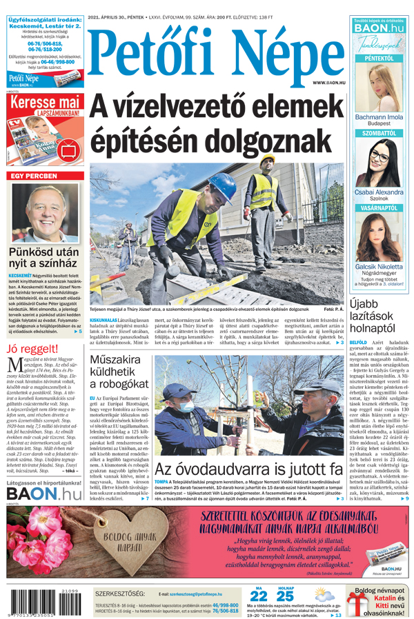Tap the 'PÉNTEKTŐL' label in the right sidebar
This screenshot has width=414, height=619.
pyautogui.click(x=379, y=59)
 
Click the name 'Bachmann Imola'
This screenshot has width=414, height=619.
pyautogui.click(x=379, y=117)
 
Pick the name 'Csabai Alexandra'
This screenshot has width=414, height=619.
pyautogui.click(x=379, y=192)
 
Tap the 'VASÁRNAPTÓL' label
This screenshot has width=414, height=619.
pyautogui.click(x=379, y=207)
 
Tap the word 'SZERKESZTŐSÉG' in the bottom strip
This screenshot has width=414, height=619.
pyautogui.click(x=120, y=593)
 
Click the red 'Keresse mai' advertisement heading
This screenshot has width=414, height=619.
pyautogui.click(x=46, y=101)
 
